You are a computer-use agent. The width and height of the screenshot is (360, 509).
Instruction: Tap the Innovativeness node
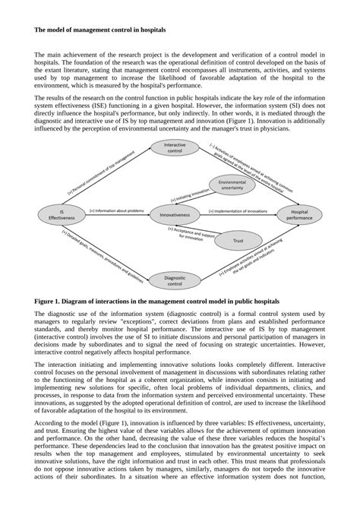(x=175, y=215)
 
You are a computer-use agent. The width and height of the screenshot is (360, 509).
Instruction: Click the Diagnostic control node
(x=175, y=282)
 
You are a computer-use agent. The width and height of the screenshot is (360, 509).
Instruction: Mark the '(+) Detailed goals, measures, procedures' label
(x=106, y=251)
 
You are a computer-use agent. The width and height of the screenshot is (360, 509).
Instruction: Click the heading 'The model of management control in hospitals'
(x=99, y=31)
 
